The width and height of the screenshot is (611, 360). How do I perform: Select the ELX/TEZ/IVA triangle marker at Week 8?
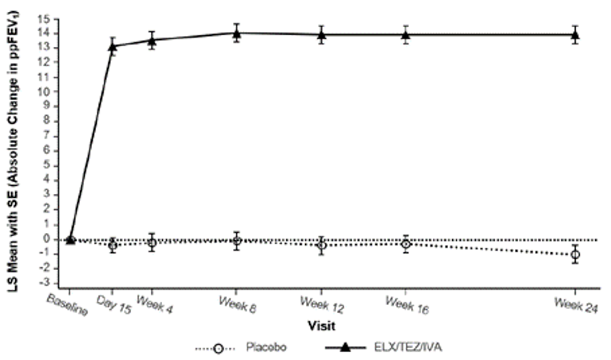236,33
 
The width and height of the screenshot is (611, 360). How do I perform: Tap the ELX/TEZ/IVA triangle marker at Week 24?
575,34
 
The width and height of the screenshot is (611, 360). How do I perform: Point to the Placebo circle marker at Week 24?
575,255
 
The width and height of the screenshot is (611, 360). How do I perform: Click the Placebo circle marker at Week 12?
321,245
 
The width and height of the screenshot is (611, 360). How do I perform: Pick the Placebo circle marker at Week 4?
152,242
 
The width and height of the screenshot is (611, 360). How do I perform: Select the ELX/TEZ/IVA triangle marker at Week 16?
406,34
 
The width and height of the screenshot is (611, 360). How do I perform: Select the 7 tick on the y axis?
54,136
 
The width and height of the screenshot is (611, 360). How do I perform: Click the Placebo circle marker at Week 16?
406,243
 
